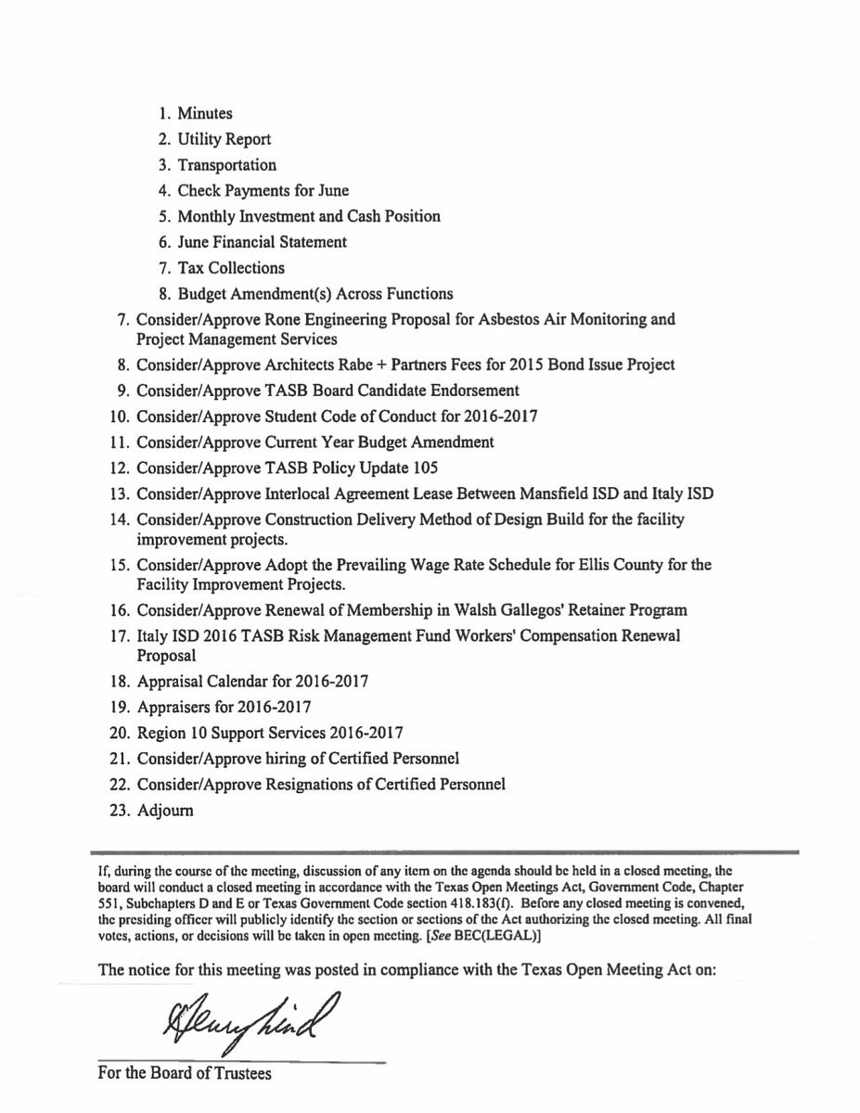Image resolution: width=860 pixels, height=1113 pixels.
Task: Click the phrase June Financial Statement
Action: pyautogui.click(x=263, y=242)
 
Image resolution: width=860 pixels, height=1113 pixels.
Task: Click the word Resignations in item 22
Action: pyautogui.click(x=291, y=784)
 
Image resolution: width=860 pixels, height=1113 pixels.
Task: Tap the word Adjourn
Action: pyautogui.click(x=164, y=810)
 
